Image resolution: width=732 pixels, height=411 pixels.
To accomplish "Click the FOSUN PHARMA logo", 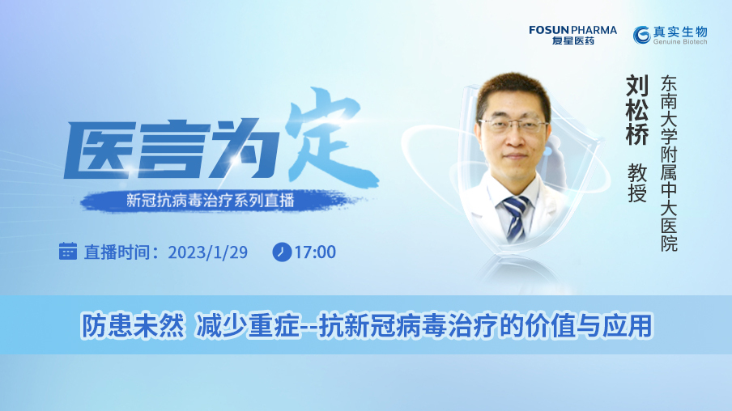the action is pyautogui.click(x=572, y=35).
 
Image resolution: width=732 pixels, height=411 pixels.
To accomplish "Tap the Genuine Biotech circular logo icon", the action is pyautogui.click(x=641, y=35).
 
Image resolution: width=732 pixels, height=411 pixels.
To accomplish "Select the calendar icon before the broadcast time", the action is pyautogui.click(x=68, y=251).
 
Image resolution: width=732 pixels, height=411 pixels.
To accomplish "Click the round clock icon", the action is pyautogui.click(x=282, y=252).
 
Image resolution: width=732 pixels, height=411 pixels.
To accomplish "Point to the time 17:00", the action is pyautogui.click(x=315, y=252).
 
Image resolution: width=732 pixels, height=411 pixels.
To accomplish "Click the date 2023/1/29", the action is pyautogui.click(x=208, y=252).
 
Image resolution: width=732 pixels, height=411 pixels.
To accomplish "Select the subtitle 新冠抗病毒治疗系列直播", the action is pyautogui.click(x=210, y=201).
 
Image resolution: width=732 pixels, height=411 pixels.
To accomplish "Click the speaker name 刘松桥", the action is pyautogui.click(x=636, y=110).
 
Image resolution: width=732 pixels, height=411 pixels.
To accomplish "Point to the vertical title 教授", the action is pyautogui.click(x=637, y=182).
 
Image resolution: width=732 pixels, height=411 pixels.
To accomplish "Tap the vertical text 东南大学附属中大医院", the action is pyautogui.click(x=669, y=163).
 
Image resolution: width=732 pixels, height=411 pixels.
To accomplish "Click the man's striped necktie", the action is pyautogui.click(x=515, y=218).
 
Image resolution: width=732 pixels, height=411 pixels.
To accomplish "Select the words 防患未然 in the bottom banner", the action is pyautogui.click(x=133, y=325).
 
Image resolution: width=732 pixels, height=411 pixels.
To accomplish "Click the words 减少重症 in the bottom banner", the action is pyautogui.click(x=248, y=325).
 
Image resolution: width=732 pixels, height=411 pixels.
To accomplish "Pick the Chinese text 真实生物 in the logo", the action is pyautogui.click(x=680, y=32).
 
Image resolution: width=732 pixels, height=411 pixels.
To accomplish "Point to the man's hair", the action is pyautogui.click(x=513, y=91).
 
